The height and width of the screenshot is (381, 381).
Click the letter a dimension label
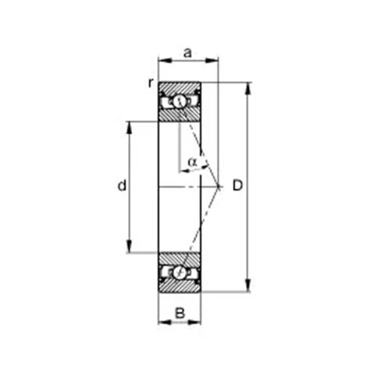click(x=187, y=52)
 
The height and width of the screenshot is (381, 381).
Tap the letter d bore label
click(x=121, y=186)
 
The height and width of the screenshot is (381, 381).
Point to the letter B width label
click(x=180, y=313)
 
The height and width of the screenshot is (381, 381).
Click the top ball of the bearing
click(x=180, y=101)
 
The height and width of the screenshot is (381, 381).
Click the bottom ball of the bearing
click(x=180, y=272)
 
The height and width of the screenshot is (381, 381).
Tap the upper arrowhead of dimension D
click(x=249, y=86)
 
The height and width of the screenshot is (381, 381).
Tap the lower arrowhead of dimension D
click(x=249, y=288)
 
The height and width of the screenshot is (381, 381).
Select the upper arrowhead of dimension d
click(x=130, y=125)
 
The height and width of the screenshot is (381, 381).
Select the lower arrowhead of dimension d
click(x=130, y=249)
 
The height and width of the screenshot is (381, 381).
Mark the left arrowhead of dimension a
click(x=162, y=59)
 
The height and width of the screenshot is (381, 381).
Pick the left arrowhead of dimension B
click(x=162, y=322)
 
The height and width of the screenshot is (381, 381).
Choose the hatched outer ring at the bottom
click(x=180, y=287)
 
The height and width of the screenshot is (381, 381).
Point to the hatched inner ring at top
click(x=180, y=116)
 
